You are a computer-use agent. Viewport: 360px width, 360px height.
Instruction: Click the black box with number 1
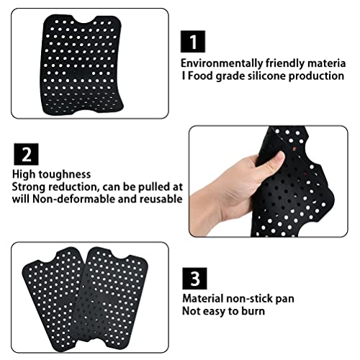coord(193,42)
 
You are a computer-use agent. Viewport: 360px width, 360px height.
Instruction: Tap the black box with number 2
coord(26,154)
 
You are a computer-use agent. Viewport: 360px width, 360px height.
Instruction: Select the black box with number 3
coord(194,279)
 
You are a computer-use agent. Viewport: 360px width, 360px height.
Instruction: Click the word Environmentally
coord(222,63)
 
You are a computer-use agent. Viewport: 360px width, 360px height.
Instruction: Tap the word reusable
coord(161,199)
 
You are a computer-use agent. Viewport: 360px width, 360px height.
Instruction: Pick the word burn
coord(253,311)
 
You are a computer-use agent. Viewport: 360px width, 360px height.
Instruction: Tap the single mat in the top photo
coord(82,65)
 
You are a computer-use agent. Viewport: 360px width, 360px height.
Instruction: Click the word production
coord(316,76)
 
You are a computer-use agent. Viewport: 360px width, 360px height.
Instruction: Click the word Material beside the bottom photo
coord(203,299)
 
